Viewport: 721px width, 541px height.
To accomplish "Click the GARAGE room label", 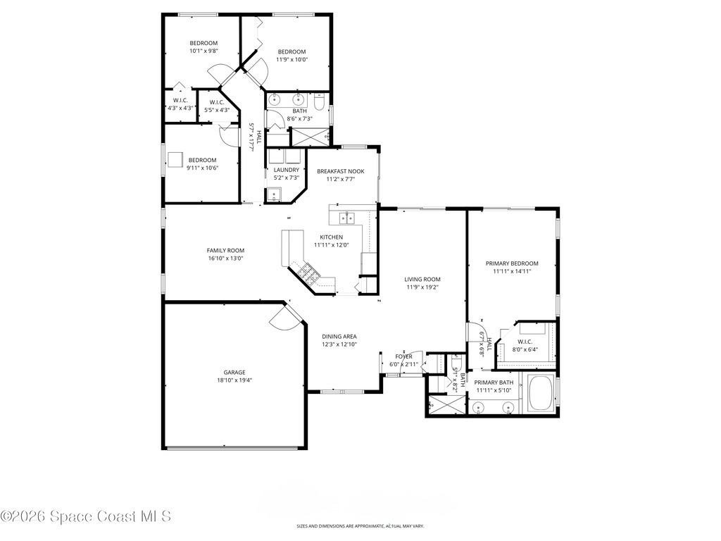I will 234,372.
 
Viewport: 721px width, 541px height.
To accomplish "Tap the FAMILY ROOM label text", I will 225,250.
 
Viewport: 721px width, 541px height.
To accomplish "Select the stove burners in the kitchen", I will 308,272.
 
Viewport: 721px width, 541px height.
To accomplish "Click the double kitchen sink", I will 346,218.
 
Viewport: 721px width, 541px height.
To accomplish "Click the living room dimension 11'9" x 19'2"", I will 422,287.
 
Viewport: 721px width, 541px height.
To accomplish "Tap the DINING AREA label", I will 339,336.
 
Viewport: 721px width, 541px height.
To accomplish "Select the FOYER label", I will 403,356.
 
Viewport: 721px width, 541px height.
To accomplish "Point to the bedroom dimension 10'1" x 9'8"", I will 203,51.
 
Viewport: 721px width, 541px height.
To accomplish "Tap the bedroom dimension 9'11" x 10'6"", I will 201,168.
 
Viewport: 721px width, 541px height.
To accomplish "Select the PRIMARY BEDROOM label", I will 512,263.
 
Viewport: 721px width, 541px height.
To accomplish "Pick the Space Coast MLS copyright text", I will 86,516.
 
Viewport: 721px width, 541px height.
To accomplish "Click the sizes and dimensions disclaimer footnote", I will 360,526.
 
